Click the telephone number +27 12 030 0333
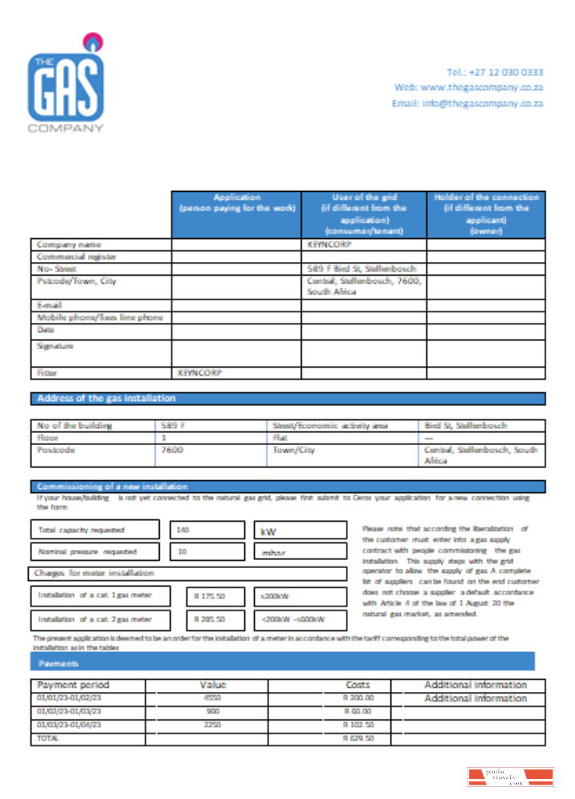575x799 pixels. (x=495, y=72)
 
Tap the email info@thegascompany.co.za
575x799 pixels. (x=467, y=104)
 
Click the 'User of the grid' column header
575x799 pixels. (x=363, y=213)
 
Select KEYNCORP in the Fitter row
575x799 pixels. (x=200, y=373)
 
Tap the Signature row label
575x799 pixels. (x=55, y=346)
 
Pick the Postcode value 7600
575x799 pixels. (x=172, y=450)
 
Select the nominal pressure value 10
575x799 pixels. (x=183, y=551)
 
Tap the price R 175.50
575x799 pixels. (x=209, y=595)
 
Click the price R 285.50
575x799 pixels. (x=209, y=619)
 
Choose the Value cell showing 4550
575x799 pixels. (x=212, y=698)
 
